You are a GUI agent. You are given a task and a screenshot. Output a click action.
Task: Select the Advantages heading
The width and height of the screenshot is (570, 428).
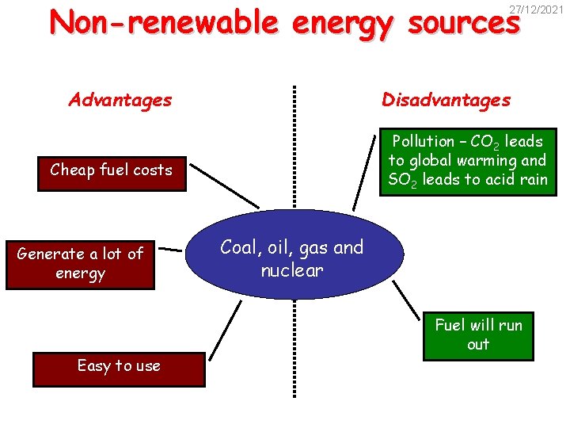click(120, 100)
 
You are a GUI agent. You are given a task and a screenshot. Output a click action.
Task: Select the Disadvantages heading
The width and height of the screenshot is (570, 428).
click(446, 100)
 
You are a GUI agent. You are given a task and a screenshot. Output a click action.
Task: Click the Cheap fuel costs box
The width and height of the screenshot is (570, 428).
click(111, 170)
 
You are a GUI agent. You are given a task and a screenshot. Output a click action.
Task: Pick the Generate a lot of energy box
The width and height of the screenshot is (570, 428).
click(80, 264)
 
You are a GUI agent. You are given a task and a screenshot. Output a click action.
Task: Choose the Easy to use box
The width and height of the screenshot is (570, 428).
click(119, 366)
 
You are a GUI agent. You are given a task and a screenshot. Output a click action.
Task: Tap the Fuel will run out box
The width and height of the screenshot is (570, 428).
click(478, 334)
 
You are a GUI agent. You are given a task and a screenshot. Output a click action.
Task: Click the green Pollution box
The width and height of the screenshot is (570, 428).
click(467, 161)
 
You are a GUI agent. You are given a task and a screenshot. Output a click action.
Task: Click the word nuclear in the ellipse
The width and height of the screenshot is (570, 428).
click(292, 270)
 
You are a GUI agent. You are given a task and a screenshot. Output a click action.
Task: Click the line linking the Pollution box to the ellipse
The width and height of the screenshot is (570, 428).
click(365, 170)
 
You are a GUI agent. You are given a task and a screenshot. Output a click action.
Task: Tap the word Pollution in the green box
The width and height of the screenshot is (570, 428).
click(424, 142)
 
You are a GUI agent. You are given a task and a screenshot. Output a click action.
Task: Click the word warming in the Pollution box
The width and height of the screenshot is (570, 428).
click(481, 161)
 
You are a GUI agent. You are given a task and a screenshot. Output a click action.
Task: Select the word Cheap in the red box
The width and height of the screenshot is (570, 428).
click(70, 170)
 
